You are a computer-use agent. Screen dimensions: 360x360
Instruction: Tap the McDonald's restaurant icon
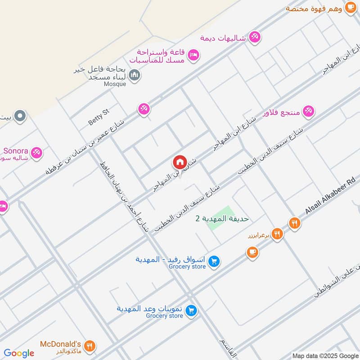pos(90,346)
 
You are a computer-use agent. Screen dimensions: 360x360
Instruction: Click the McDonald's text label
pos(60,344)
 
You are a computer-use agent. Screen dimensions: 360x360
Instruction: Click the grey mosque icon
pos(134,75)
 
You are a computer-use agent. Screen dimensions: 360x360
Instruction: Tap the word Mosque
pos(115,84)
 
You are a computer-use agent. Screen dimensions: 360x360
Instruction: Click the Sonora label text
pos(16,150)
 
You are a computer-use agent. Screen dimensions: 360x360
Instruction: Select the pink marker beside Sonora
pos(37,153)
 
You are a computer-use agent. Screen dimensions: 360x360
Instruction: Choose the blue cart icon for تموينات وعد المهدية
pos(191,311)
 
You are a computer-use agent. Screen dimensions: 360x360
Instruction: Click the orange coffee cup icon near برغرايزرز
pos(252,252)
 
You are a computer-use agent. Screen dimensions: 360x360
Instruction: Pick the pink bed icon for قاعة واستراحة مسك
pos(194,55)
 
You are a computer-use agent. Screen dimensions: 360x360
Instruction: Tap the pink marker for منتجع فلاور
pos(308,111)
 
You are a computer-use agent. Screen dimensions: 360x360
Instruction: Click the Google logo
pos(19,353)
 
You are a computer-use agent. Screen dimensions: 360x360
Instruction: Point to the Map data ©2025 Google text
pos(325,355)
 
